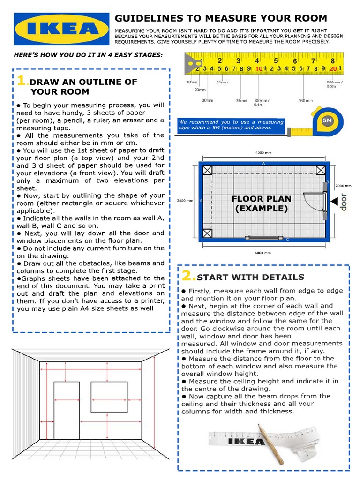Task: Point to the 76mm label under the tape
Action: [241, 100]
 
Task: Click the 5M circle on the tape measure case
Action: [327, 120]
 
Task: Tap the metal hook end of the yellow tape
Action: [191, 64]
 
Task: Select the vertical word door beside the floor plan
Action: [344, 202]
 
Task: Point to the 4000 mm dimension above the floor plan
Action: [263, 152]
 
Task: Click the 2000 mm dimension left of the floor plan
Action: [184, 201]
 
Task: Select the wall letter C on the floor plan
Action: [287, 240]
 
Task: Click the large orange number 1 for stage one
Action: [22, 81]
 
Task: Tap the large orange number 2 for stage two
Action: [187, 276]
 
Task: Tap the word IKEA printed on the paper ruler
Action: [246, 442]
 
